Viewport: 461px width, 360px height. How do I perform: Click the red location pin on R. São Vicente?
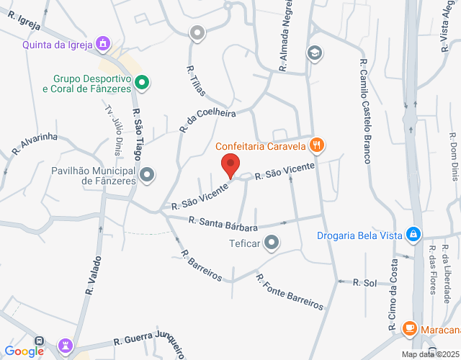(230, 165)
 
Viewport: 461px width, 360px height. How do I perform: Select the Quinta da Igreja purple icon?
(104, 45)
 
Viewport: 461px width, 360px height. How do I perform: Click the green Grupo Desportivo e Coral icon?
(143, 83)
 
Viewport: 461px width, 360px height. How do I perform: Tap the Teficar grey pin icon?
(272, 243)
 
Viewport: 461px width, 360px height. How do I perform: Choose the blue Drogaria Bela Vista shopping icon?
(413, 234)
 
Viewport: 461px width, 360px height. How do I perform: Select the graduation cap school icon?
(314, 53)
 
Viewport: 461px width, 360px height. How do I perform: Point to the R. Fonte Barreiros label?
(290, 291)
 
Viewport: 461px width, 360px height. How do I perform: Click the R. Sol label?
(364, 283)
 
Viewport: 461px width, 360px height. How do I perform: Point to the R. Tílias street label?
(196, 81)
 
